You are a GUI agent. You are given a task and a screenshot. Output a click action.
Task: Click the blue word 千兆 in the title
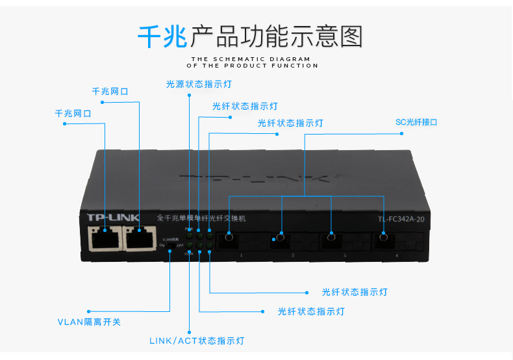coord(162,36)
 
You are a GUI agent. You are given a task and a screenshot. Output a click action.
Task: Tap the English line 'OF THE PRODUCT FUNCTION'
coord(253,66)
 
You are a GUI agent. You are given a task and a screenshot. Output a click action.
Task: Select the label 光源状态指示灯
coord(199,84)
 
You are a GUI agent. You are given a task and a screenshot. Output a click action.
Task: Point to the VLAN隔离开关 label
coord(89,322)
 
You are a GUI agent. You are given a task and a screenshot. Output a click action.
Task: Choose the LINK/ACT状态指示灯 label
coord(197,341)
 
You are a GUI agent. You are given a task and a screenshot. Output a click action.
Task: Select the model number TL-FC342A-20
coord(401,219)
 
